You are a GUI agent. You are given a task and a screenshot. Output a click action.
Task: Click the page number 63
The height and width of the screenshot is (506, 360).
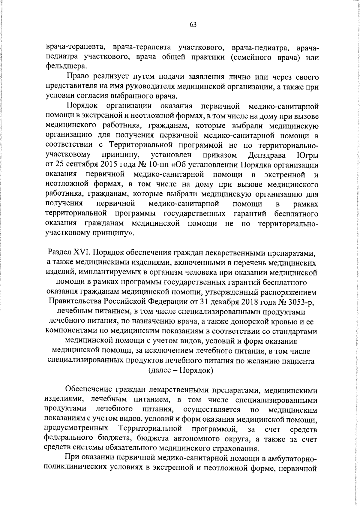(x=193, y=25)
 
